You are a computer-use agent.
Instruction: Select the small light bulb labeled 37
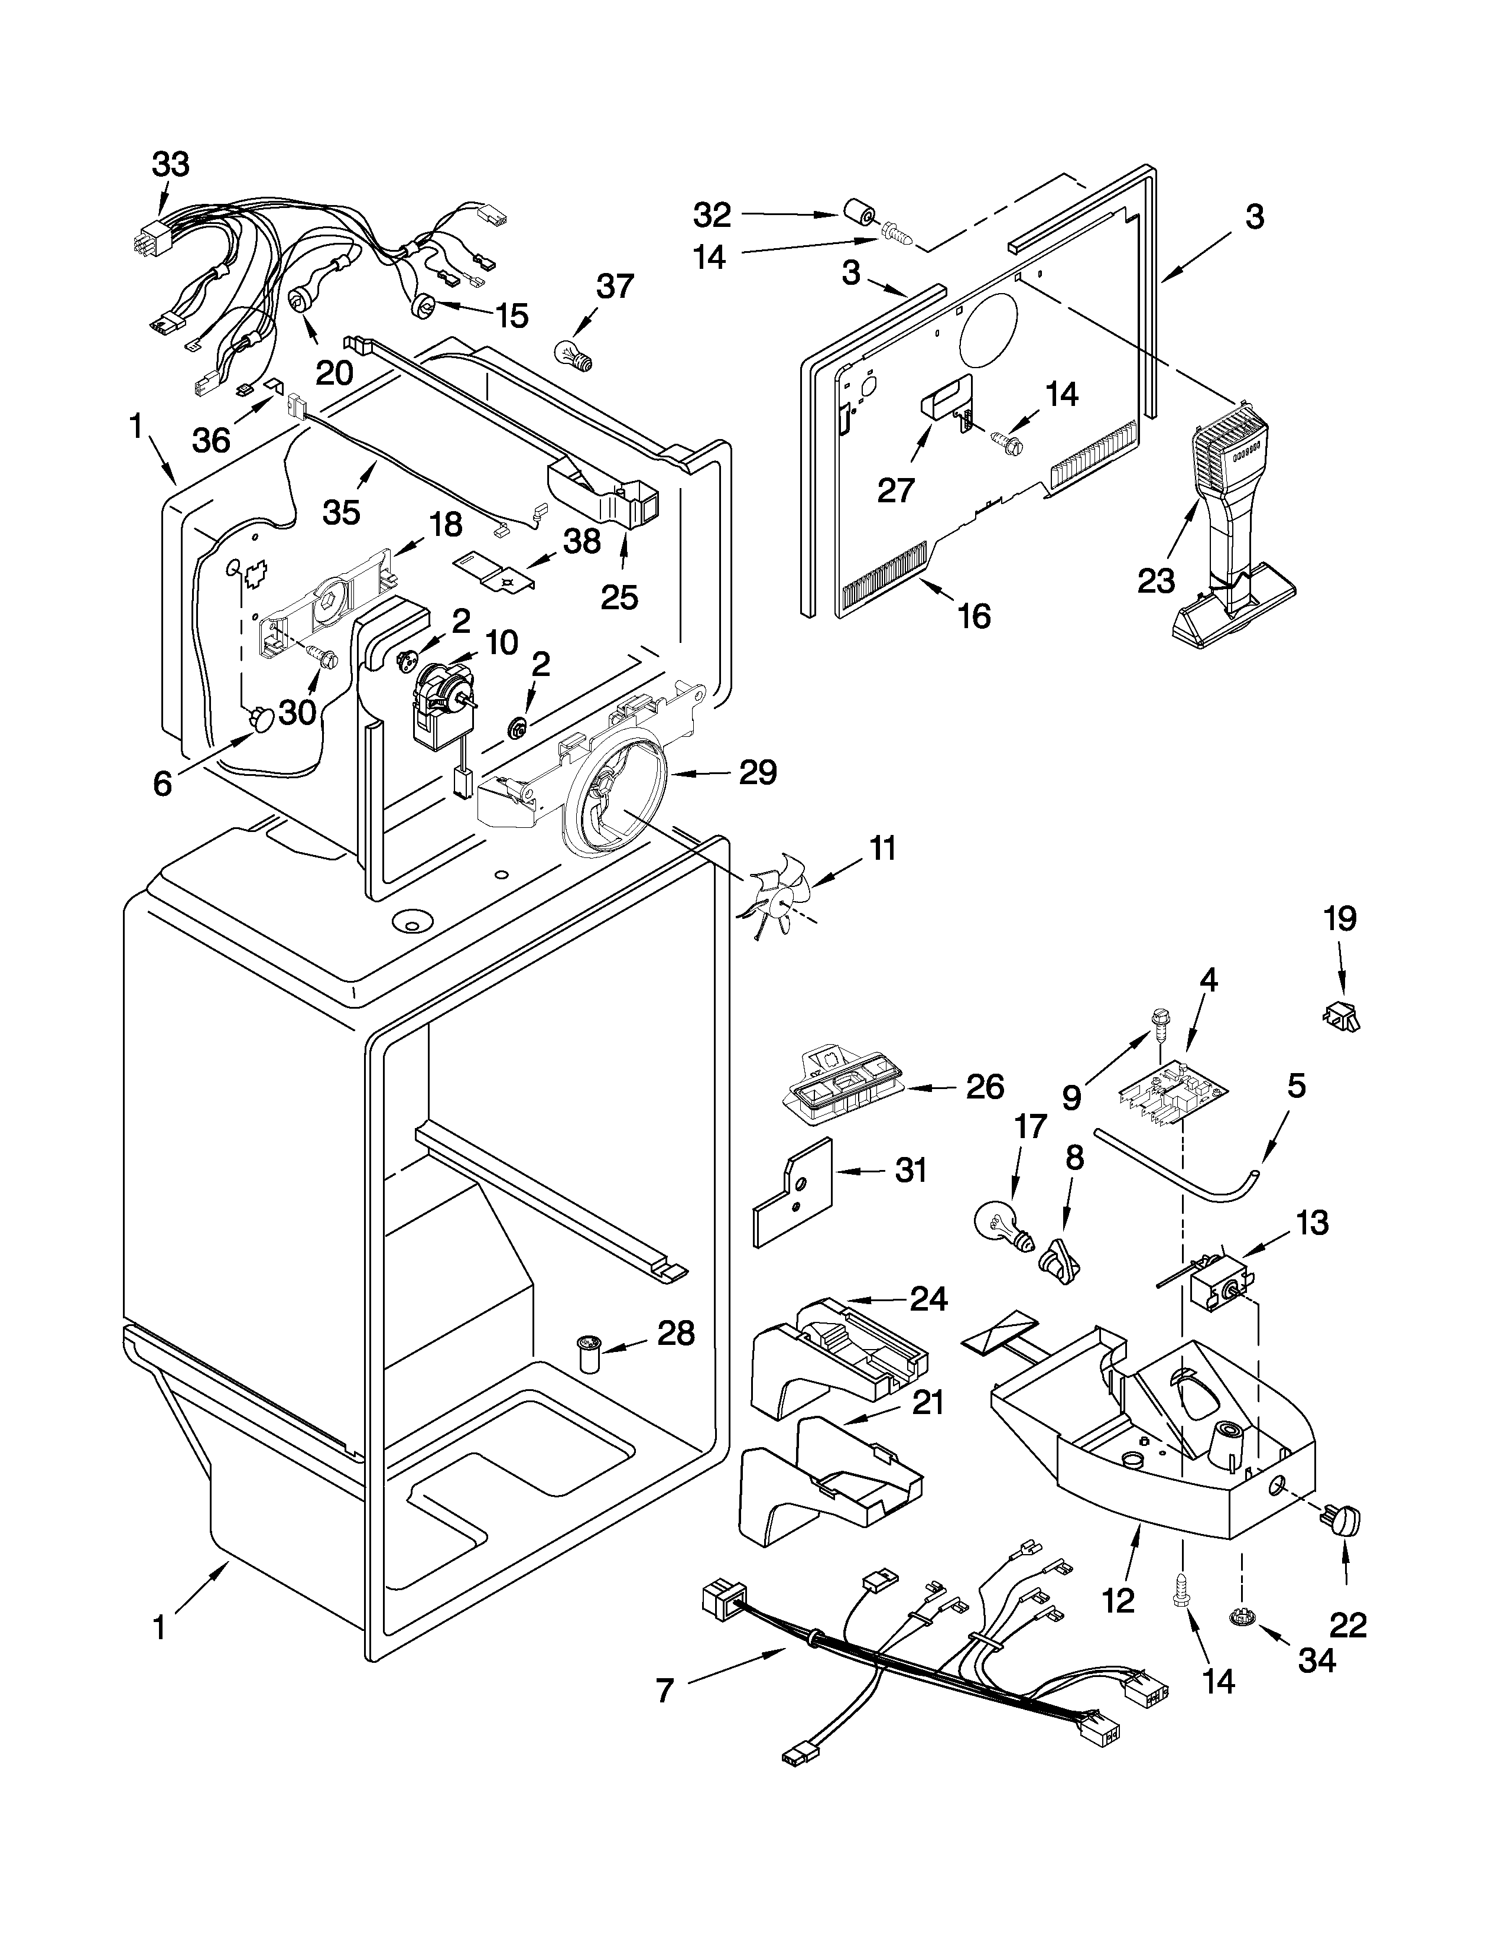coord(572,355)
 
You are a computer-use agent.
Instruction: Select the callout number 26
coord(984,1087)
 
